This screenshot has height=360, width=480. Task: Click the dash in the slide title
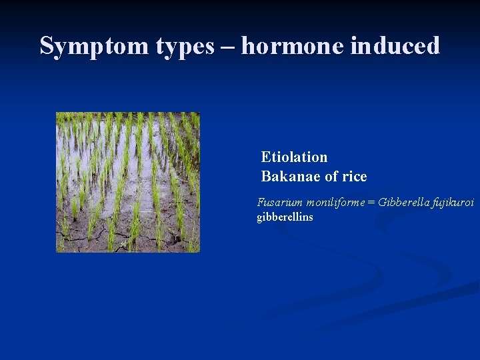point(228,47)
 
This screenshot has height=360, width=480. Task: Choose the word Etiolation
point(294,157)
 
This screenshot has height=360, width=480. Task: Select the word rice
point(354,177)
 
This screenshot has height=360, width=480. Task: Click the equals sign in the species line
point(371,203)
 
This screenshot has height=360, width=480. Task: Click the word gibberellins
point(285,217)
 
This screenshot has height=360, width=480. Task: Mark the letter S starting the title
point(46,46)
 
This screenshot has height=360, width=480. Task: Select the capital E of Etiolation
point(265,157)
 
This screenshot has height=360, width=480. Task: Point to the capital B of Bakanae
point(265,177)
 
